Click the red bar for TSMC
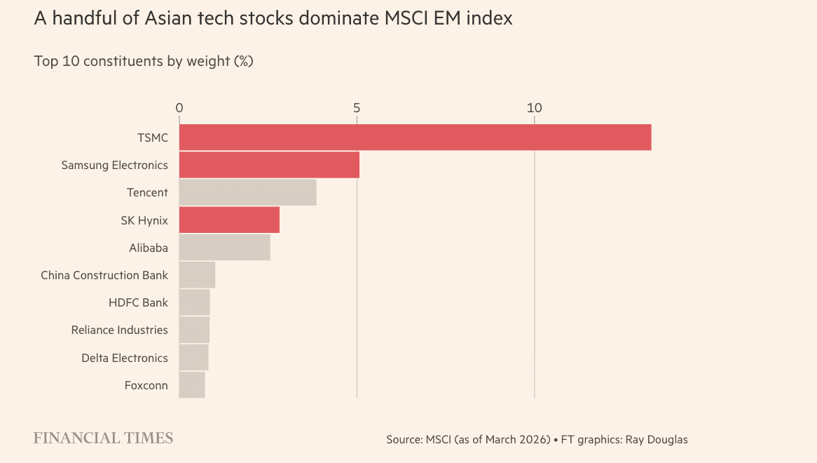click(x=415, y=137)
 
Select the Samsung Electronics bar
click(x=269, y=165)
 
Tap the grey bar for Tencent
click(x=247, y=192)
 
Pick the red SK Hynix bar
click(x=229, y=220)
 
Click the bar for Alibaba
click(x=224, y=247)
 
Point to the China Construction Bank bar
click(x=197, y=275)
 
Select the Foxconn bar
click(x=192, y=385)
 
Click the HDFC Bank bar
click(x=194, y=302)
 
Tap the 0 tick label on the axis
click(x=179, y=108)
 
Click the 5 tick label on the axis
click(x=357, y=108)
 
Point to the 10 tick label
click(x=535, y=108)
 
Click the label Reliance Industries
click(x=119, y=330)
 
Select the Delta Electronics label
click(x=125, y=358)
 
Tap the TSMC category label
click(x=152, y=137)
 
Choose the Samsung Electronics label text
click(x=114, y=165)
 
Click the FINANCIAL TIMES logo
click(x=103, y=438)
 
